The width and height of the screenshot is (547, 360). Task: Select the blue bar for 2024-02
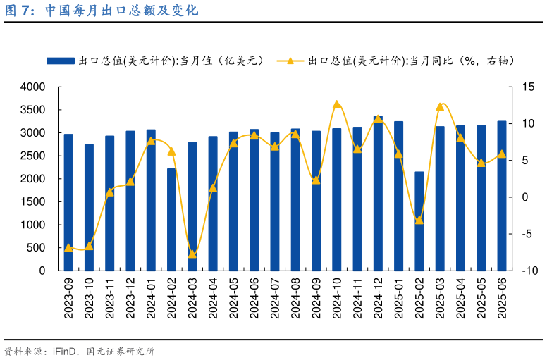tap(171, 219)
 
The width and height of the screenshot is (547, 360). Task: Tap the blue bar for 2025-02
tap(419, 221)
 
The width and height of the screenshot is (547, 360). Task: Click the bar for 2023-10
tap(89, 207)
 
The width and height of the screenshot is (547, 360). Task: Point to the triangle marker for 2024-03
tap(192, 254)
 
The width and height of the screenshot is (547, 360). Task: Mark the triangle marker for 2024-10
tap(337, 104)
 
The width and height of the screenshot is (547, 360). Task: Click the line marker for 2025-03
tap(440, 106)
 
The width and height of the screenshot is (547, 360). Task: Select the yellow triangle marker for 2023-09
tap(68, 247)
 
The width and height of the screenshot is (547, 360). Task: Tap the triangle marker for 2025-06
tap(502, 154)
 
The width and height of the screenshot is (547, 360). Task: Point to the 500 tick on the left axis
tap(36, 247)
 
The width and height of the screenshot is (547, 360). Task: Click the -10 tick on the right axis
tap(529, 271)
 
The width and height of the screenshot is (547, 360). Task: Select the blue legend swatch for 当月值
tap(61, 61)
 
